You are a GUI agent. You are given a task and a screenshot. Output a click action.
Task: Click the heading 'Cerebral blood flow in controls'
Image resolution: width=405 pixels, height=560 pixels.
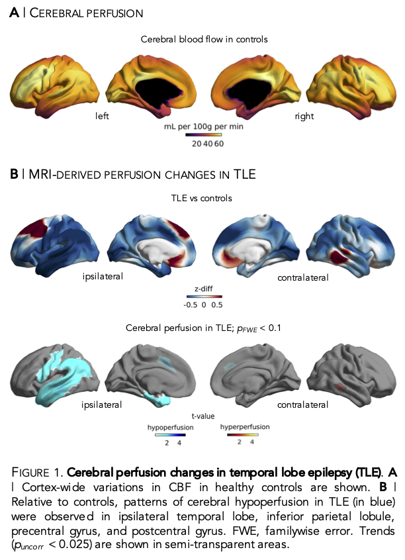[204, 40]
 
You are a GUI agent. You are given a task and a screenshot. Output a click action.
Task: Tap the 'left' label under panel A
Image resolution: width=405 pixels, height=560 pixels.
[101, 116]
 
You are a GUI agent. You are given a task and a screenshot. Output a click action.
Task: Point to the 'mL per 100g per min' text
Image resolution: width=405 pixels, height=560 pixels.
[203, 126]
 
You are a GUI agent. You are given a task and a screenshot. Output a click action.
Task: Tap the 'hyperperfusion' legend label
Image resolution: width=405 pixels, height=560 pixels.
[244, 428]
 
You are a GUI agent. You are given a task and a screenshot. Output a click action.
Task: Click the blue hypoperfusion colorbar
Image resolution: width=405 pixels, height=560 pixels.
[171, 435]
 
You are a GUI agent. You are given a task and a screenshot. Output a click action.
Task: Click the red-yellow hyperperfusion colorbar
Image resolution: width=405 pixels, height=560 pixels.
[244, 435]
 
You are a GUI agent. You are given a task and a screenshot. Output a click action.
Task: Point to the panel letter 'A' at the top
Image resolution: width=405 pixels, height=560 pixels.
[13, 13]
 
